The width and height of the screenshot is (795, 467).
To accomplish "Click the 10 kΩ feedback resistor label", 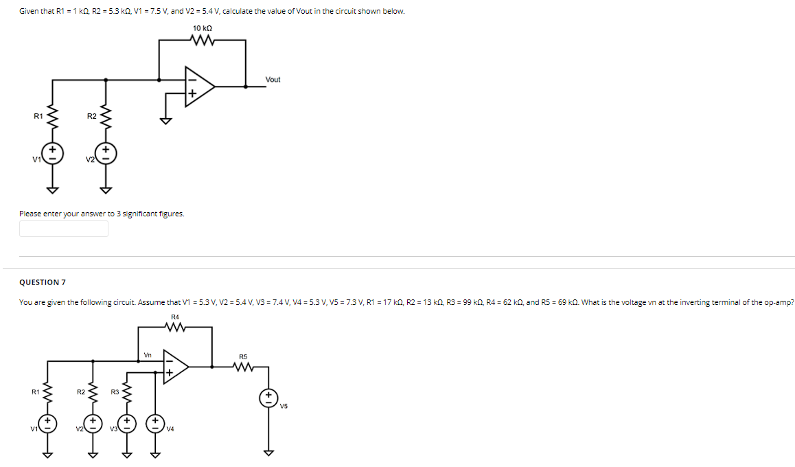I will (x=202, y=28).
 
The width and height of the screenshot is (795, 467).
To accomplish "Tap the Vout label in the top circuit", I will (x=273, y=80).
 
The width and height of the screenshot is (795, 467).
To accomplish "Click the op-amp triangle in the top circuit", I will (x=198, y=87).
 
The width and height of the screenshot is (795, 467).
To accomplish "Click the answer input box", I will (x=64, y=229).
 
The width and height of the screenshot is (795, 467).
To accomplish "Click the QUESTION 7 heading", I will (x=43, y=282).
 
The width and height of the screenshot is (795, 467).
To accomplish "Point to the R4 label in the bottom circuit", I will (x=175, y=316).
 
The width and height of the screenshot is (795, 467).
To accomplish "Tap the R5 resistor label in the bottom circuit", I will (x=243, y=356).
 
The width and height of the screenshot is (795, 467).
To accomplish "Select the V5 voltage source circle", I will (x=268, y=398).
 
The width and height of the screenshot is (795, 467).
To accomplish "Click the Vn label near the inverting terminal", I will (x=148, y=355).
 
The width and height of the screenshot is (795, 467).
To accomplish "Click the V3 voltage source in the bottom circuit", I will (x=126, y=422).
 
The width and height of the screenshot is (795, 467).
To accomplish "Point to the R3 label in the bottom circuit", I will (x=115, y=392).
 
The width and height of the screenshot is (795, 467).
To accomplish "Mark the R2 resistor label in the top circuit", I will (x=91, y=115).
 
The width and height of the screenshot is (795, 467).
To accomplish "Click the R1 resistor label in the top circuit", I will (x=38, y=115).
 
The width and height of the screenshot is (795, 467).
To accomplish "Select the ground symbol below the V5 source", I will (x=268, y=451).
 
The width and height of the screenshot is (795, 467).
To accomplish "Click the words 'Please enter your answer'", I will (x=65, y=214).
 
